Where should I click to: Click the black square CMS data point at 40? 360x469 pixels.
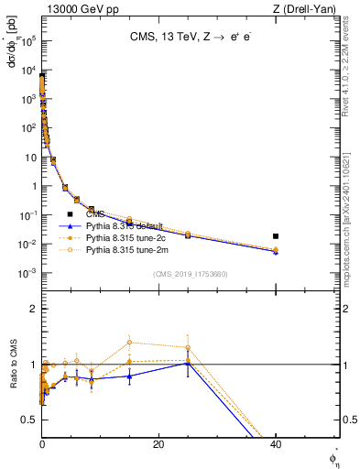(276, 236)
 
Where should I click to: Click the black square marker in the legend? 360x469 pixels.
(70, 213)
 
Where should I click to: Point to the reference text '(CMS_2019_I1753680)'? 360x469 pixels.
(190, 273)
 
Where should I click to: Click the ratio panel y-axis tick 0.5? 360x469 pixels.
(31, 420)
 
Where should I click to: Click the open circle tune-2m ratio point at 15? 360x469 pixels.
(129, 343)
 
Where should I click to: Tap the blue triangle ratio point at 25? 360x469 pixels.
(188, 364)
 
